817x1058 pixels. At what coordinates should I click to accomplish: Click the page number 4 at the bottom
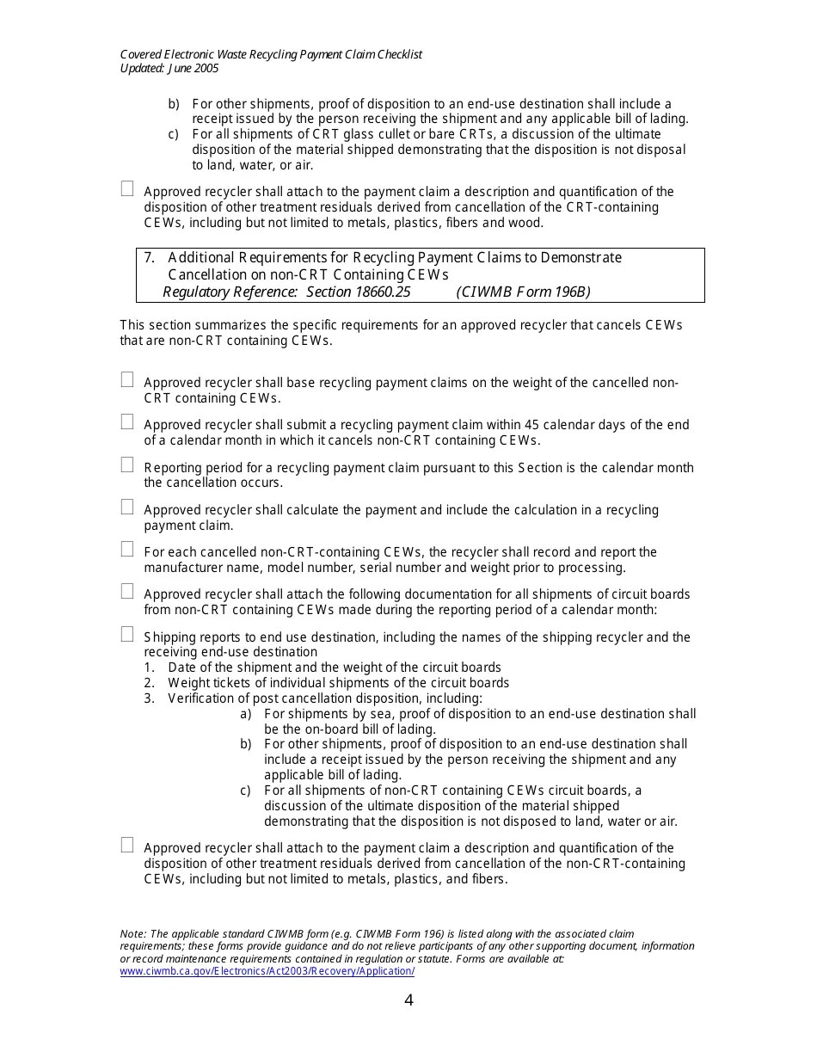(x=408, y=1000)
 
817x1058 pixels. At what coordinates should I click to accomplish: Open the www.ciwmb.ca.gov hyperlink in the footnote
(x=267, y=971)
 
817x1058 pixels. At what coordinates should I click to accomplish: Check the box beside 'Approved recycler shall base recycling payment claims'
(x=127, y=379)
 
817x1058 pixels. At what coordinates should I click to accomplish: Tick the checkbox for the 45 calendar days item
(x=127, y=421)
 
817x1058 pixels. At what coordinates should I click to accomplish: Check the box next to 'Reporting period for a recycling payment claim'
(x=127, y=464)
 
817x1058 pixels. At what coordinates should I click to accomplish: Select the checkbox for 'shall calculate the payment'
(x=127, y=507)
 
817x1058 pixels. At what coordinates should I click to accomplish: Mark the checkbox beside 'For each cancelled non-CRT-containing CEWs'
(x=127, y=549)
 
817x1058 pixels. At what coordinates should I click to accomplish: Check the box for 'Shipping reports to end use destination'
(x=127, y=634)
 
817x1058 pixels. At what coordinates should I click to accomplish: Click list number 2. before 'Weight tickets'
(x=150, y=683)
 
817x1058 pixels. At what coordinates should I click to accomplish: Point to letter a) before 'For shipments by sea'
(x=246, y=714)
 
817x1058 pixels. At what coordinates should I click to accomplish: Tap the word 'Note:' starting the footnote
(x=133, y=934)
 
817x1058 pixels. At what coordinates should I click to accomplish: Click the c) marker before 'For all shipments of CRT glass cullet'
(x=174, y=134)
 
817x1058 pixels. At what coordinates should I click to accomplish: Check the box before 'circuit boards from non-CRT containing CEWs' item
(x=127, y=591)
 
